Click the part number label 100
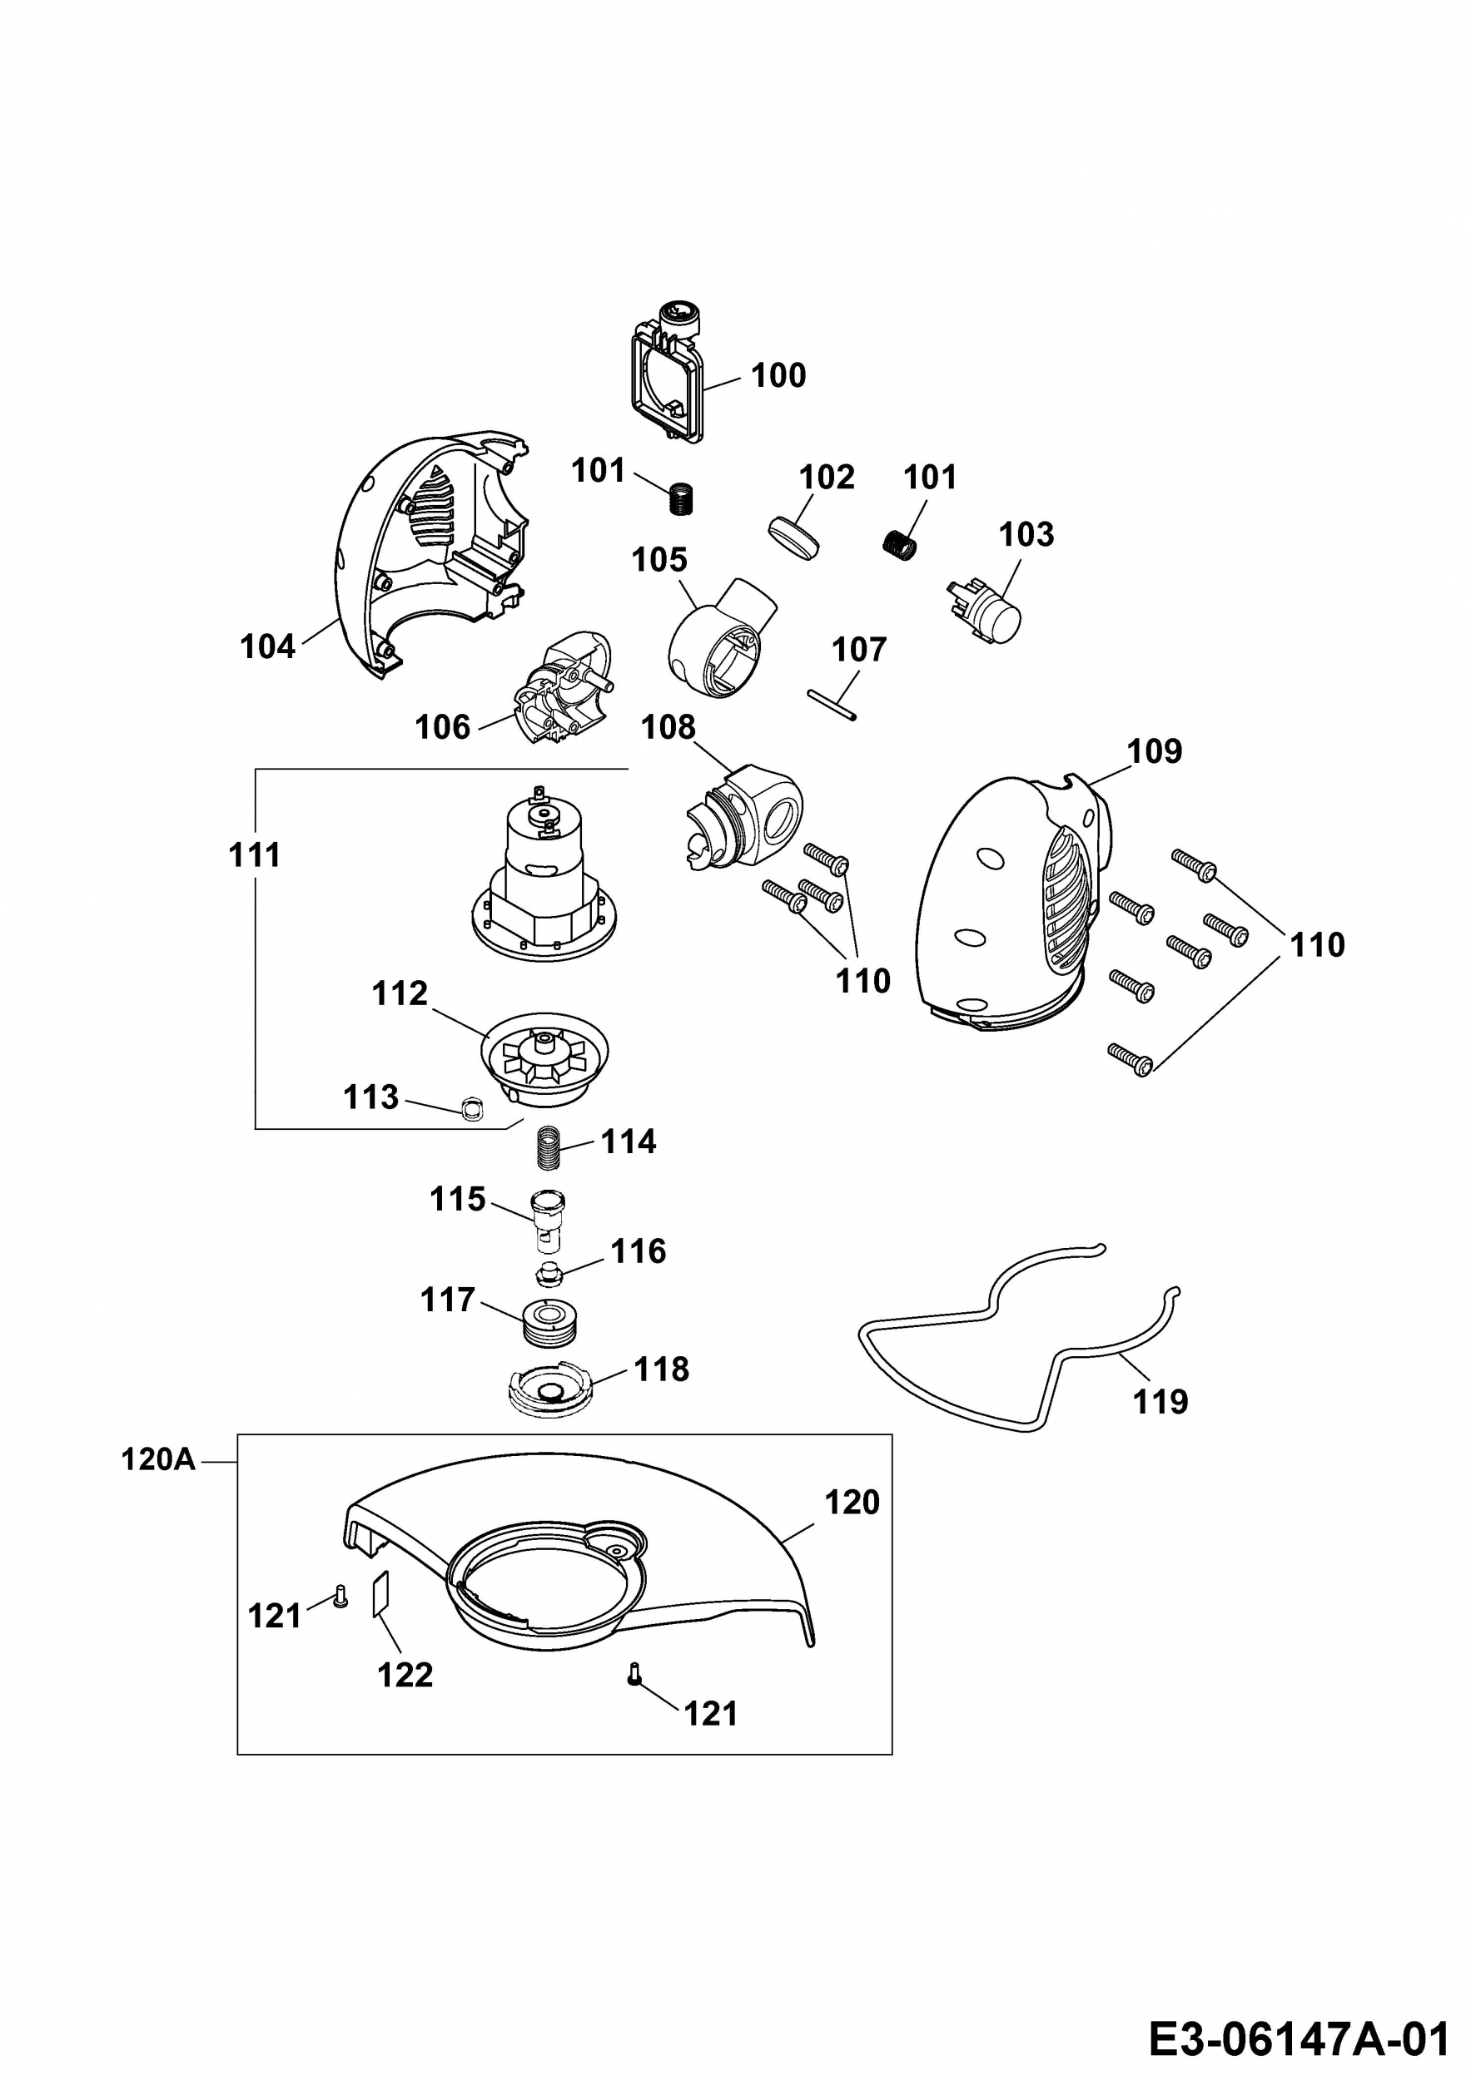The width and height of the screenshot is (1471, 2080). (x=778, y=375)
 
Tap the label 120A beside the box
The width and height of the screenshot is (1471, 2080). (x=159, y=1460)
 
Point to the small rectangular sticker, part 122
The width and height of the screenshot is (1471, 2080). (x=380, y=1594)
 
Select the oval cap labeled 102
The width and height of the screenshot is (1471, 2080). (x=794, y=533)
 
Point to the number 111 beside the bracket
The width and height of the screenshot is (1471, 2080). (x=255, y=854)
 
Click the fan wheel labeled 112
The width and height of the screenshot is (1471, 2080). (x=544, y=1059)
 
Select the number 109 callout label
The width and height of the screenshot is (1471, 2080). (x=1155, y=751)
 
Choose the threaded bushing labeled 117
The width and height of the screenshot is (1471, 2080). (x=551, y=1324)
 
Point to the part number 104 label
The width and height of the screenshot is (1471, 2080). (x=267, y=646)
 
